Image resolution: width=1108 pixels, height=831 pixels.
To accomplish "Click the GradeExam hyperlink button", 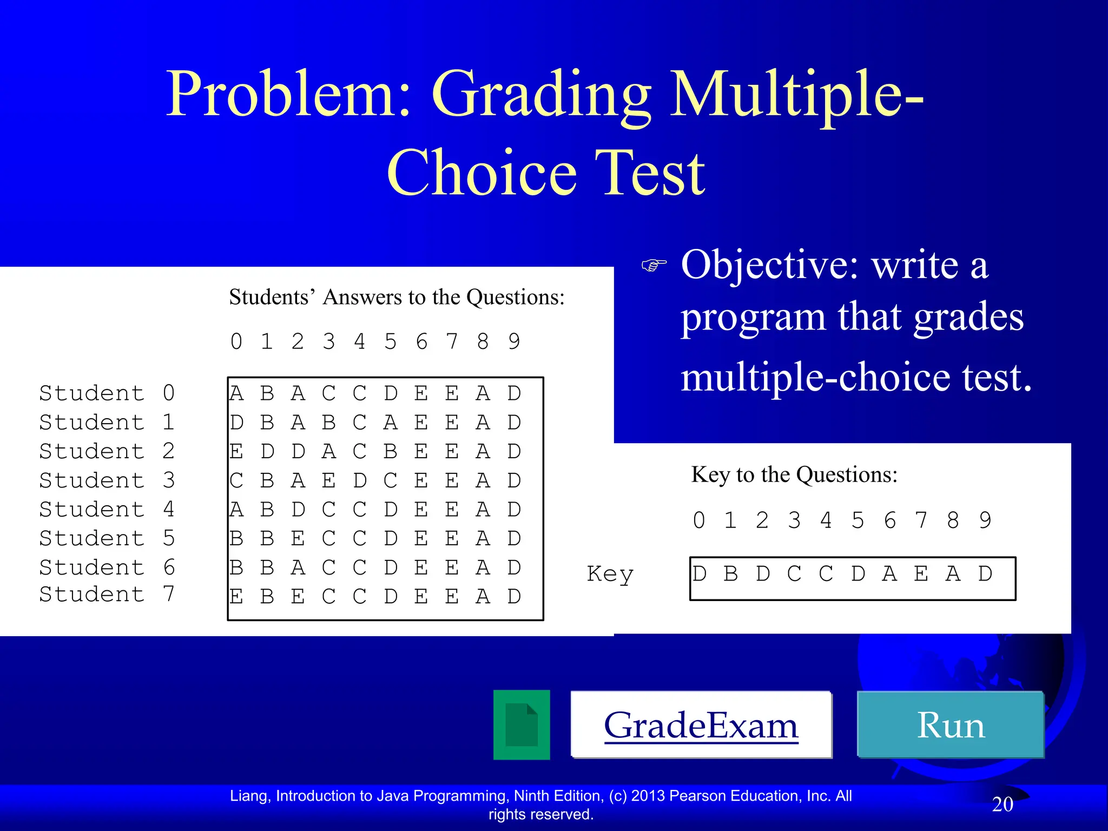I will tap(701, 725).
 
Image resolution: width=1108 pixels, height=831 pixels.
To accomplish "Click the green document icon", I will tap(521, 725).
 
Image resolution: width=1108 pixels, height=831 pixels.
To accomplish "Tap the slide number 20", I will tap(1002, 804).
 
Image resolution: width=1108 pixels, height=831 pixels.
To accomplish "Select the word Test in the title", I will tap(649, 173).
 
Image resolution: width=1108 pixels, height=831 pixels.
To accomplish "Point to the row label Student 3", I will tap(107, 480).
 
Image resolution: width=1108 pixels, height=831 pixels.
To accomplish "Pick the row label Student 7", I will tap(107, 594).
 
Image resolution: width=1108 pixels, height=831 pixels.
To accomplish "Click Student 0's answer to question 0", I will tap(236, 393).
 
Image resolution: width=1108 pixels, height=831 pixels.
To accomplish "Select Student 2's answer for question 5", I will tap(390, 451).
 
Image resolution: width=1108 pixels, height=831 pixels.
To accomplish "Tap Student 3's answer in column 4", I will tap(359, 480).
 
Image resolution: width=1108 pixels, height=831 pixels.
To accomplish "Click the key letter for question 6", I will tap(889, 573).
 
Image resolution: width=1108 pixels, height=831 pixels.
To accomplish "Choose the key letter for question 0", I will tap(699, 573).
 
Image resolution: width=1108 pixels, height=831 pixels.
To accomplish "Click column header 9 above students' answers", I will tap(514, 341).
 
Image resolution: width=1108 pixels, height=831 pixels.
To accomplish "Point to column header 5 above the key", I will tap(858, 520).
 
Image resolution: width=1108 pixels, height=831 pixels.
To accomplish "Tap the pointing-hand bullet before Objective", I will tap(654, 265).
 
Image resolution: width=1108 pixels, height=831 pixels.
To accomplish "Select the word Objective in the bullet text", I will tap(768, 265).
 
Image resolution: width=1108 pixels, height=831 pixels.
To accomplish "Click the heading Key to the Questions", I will tap(794, 474).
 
